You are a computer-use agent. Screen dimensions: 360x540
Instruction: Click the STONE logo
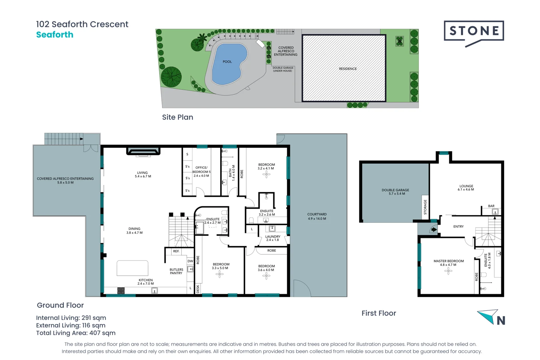point(474,31)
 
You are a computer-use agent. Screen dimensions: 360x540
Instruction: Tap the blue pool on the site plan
point(228,63)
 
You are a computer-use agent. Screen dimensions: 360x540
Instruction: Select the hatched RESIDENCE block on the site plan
point(344,68)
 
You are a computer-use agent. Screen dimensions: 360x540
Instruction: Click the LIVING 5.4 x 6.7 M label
point(143,175)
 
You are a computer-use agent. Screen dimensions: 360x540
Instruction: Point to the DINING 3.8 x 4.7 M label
point(134,231)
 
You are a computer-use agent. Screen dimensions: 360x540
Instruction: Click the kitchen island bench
point(132,268)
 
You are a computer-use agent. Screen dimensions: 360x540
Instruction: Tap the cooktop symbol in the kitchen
point(121,291)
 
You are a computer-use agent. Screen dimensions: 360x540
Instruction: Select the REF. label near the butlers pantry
point(176,251)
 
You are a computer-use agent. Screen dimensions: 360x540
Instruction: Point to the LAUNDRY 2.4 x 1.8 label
point(273,238)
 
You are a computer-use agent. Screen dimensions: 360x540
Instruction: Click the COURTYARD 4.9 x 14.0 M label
point(317,216)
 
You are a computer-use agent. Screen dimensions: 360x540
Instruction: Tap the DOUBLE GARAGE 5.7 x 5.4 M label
point(395,192)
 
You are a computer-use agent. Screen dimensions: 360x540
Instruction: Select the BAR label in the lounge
point(491,206)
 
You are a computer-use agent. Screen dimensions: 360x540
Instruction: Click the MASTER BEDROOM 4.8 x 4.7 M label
point(448,263)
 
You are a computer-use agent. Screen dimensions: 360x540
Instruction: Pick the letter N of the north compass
point(501,321)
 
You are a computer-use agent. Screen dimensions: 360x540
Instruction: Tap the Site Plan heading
point(177,117)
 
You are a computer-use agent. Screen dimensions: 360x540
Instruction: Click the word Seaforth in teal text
point(55,35)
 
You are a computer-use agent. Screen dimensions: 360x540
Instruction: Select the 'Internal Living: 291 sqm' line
point(71,318)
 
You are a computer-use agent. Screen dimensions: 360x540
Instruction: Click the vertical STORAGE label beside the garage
point(425,207)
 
